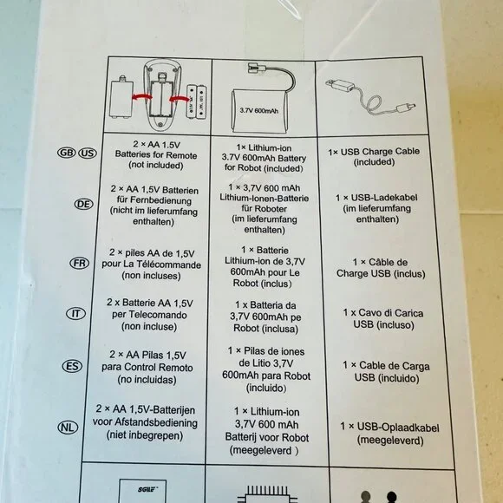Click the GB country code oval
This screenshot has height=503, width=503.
[67, 153]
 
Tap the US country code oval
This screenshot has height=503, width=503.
[88, 153]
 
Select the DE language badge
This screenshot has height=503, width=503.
[84, 204]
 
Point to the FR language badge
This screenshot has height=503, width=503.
[80, 263]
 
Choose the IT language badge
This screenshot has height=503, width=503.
[76, 313]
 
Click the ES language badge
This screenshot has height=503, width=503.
[72, 366]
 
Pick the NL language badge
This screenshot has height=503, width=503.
[68, 428]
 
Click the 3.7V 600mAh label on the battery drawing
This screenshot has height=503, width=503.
[259, 111]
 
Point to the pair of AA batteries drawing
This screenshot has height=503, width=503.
[196, 102]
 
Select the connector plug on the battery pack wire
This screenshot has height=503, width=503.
[258, 68]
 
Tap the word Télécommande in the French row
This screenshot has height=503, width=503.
[169, 265]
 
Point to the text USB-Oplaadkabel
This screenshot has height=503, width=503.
[398, 428]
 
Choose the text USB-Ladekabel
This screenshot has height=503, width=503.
[384, 197]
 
